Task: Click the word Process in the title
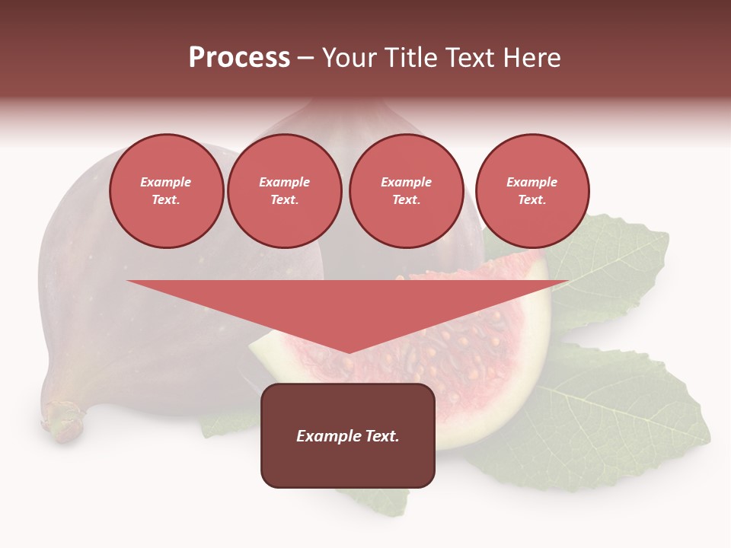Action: click(x=239, y=58)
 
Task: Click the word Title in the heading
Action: click(x=409, y=58)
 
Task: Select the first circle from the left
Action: click(x=166, y=191)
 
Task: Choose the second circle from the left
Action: click(x=284, y=191)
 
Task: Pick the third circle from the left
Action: click(x=406, y=191)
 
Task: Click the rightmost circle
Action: click(x=531, y=191)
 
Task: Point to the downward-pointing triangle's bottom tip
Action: click(x=348, y=352)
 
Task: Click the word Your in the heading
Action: click(x=350, y=58)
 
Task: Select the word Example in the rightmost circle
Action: click(x=531, y=182)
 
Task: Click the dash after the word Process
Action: click(x=306, y=58)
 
